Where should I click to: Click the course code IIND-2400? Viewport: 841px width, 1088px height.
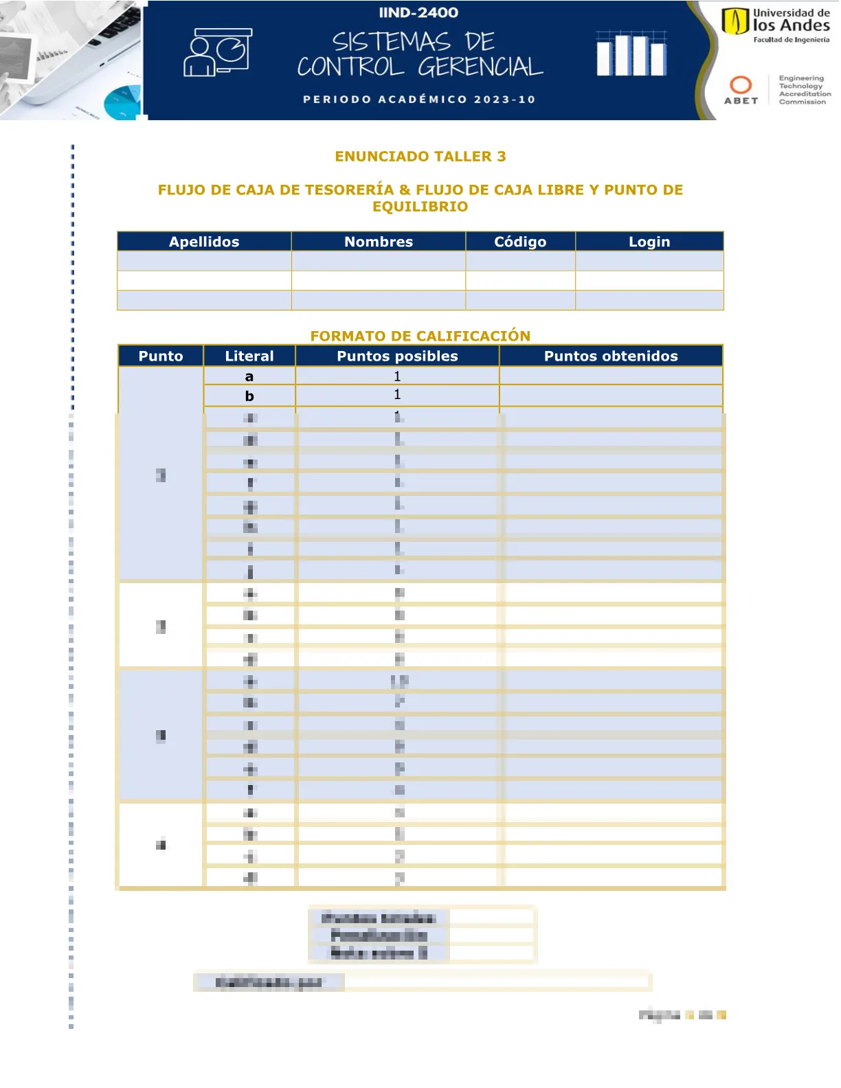(418, 12)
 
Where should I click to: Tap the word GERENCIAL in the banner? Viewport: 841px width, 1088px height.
(480, 67)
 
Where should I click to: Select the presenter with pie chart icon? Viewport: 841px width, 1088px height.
(217, 52)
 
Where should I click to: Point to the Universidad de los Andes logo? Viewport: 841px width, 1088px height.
(775, 25)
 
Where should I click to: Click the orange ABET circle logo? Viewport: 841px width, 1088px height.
(741, 84)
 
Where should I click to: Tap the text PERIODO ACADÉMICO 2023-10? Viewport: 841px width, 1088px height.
(419, 100)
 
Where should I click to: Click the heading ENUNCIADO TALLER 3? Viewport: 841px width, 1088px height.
(420, 157)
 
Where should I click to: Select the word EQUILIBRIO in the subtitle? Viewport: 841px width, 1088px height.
(420, 207)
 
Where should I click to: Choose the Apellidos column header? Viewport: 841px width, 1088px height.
(204, 242)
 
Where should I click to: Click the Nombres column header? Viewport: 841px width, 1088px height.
(379, 242)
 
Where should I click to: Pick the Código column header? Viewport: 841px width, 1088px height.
(520, 242)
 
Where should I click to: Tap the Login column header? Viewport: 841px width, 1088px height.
(649, 242)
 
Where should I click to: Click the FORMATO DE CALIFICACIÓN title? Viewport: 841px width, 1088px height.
(420, 336)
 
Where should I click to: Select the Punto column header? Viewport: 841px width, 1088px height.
(161, 356)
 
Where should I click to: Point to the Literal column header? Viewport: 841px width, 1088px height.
(249, 356)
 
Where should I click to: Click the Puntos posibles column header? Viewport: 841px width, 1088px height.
(397, 356)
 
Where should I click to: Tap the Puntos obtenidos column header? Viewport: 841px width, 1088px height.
(611, 356)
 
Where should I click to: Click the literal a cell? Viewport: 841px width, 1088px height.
(249, 376)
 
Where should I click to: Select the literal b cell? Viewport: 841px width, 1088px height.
(249, 396)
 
